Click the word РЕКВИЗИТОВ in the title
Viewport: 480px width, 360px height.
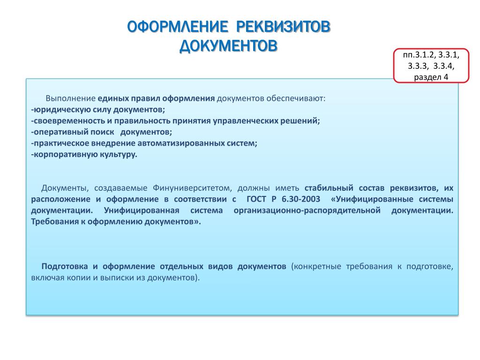(x=284, y=27)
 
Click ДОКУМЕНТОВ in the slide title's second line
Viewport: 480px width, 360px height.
(x=228, y=46)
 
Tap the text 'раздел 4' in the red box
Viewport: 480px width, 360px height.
(x=431, y=77)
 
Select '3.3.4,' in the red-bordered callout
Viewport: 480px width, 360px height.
(x=444, y=66)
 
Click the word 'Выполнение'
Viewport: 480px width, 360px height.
(x=71, y=98)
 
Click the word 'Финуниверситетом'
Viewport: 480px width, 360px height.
(x=192, y=188)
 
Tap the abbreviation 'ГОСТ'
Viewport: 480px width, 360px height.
(x=256, y=199)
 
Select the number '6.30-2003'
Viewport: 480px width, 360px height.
(x=301, y=199)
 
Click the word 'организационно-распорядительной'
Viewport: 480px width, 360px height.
(x=307, y=210)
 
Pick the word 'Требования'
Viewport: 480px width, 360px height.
(x=55, y=222)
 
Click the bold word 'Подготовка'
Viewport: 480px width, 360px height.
(x=65, y=266)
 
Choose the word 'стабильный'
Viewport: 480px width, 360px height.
(x=329, y=188)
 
